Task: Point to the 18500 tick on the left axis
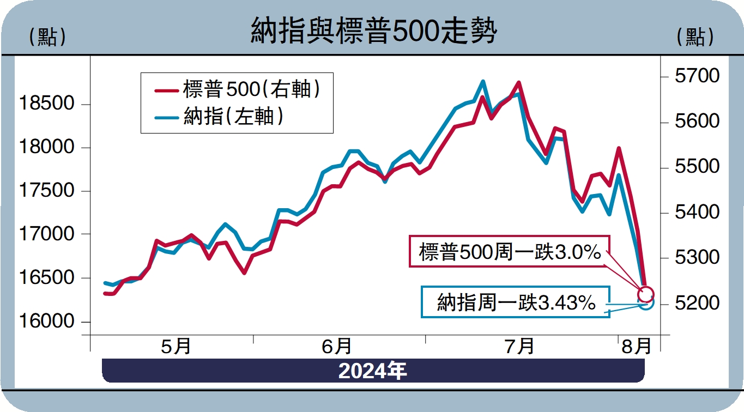pyautogui.click(x=46, y=103)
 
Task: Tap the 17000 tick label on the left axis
pyautogui.click(x=46, y=234)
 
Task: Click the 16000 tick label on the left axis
pyautogui.click(x=46, y=321)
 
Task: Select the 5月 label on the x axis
pyautogui.click(x=176, y=346)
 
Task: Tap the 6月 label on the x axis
pyautogui.click(x=336, y=346)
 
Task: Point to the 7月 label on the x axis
pyautogui.click(x=519, y=346)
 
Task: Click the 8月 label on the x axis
pyautogui.click(x=636, y=346)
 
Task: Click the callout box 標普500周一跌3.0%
pyautogui.click(x=510, y=252)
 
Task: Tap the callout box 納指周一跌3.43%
pyautogui.click(x=516, y=302)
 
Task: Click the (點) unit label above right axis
pyautogui.click(x=694, y=37)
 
